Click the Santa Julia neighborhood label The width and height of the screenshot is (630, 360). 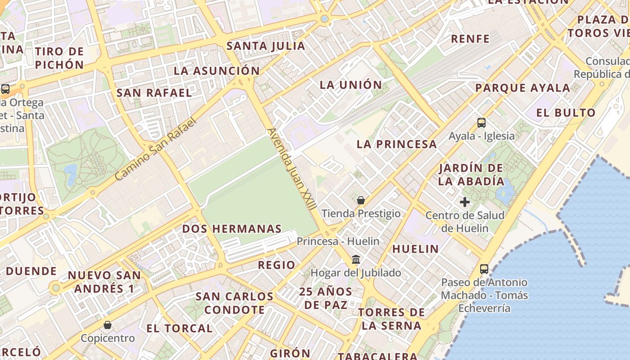pyautogui.click(x=266, y=46)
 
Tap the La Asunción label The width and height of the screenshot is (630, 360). pyautogui.click(x=217, y=71)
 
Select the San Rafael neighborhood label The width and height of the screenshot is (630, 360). pyautogui.click(x=154, y=93)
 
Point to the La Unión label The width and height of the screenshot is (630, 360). pyautogui.click(x=351, y=85)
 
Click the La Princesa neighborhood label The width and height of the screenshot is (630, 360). pyautogui.click(x=396, y=144)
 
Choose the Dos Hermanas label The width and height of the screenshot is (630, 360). pyautogui.click(x=232, y=229)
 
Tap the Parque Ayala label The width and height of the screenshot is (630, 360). pyautogui.click(x=522, y=88)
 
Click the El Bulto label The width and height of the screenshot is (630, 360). pyautogui.click(x=566, y=112)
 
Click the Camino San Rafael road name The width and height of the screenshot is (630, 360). pyautogui.click(x=156, y=149)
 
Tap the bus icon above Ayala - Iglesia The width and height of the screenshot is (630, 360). pyautogui.click(x=481, y=122)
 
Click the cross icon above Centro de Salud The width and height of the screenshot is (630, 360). pyautogui.click(x=465, y=202)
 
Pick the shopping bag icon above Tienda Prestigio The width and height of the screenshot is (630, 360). pyautogui.click(x=360, y=200)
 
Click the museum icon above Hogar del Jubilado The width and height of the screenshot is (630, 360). pyautogui.click(x=356, y=259)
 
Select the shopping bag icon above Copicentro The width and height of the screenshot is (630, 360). pyautogui.click(x=108, y=324)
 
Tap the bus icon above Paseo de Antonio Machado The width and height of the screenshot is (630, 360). pyautogui.click(x=484, y=269)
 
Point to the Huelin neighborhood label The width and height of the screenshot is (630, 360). pyautogui.click(x=415, y=249)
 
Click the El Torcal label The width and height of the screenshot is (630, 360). pyautogui.click(x=179, y=328)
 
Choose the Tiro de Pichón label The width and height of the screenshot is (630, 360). pyautogui.click(x=59, y=58)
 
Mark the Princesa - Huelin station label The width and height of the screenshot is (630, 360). pyautogui.click(x=338, y=241)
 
